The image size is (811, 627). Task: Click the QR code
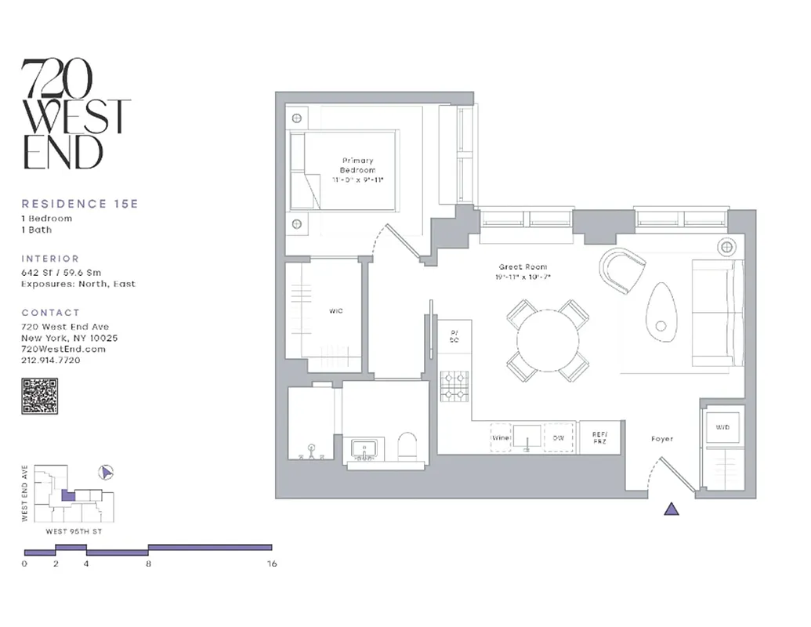pyautogui.click(x=39, y=396)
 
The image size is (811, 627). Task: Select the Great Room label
pyautogui.click(x=522, y=271)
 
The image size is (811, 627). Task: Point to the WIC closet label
pyautogui.click(x=336, y=311)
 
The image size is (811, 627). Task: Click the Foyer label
pyautogui.click(x=662, y=439)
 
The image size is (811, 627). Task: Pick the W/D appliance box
pyautogui.click(x=722, y=428)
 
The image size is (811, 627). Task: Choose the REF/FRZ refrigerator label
pyautogui.click(x=599, y=438)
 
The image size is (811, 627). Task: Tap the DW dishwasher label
pyautogui.click(x=559, y=438)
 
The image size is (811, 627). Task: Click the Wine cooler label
pyautogui.click(x=501, y=438)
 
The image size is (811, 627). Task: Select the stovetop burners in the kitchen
pyautogui.click(x=454, y=386)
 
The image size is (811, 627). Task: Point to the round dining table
pyautogui.click(x=548, y=340)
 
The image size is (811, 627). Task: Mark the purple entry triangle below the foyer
pyautogui.click(x=672, y=509)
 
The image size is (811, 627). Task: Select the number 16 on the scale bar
pyautogui.click(x=272, y=564)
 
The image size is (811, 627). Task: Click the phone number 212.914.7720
pyautogui.click(x=51, y=360)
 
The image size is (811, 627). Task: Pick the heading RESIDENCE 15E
pyautogui.click(x=79, y=204)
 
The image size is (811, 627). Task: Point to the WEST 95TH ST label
pyautogui.click(x=73, y=531)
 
